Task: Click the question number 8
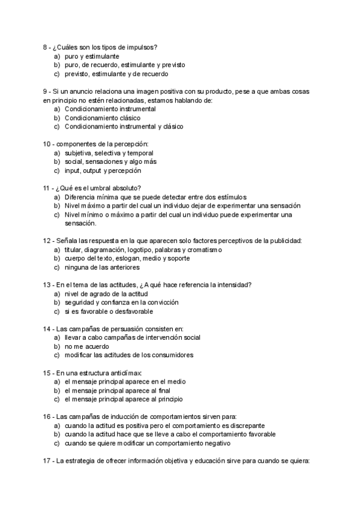coord(46,47)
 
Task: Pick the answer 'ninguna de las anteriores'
coord(102,267)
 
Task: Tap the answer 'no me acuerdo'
coord(84,346)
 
